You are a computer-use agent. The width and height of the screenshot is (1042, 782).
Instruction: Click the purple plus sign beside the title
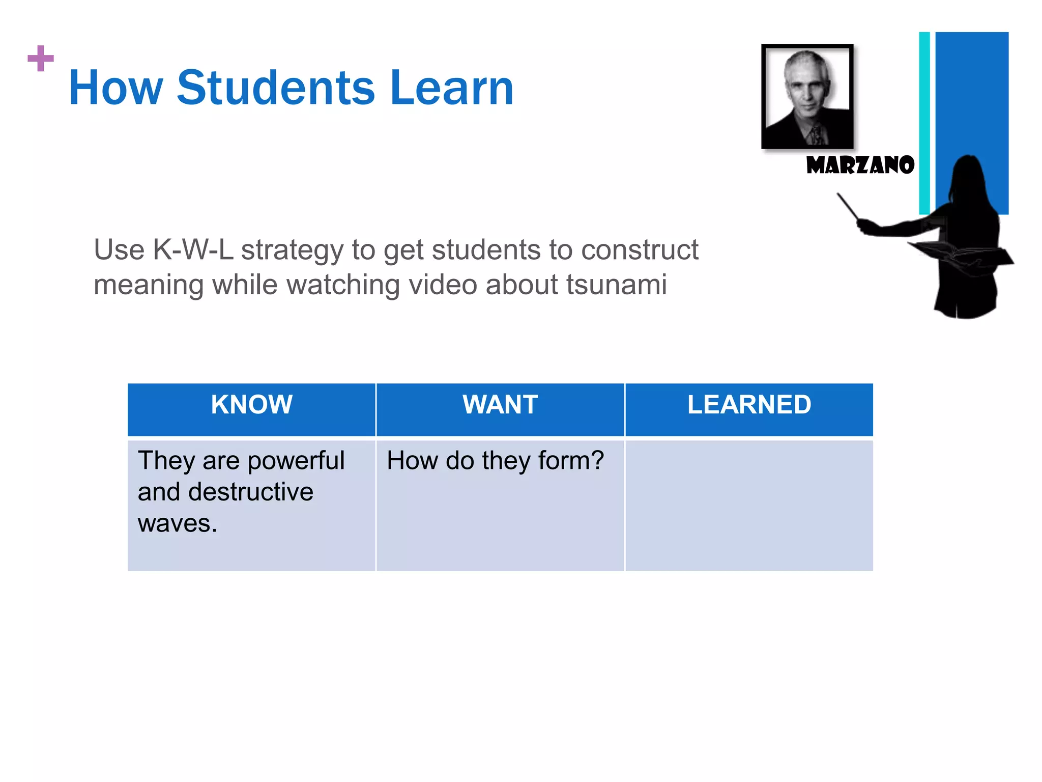click(41, 59)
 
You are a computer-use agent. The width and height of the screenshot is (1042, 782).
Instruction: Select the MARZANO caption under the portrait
click(860, 165)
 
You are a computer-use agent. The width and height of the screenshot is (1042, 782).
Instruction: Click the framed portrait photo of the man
click(807, 96)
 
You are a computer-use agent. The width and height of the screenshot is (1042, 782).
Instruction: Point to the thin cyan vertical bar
click(924, 122)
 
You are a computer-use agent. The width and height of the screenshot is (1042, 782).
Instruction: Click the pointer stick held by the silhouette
click(848, 206)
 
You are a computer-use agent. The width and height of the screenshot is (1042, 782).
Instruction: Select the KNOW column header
click(251, 405)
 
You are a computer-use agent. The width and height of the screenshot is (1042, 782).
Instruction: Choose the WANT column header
click(500, 405)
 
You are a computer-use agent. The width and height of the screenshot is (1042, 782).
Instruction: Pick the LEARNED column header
click(749, 405)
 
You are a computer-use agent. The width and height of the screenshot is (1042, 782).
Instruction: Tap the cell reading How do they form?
click(495, 461)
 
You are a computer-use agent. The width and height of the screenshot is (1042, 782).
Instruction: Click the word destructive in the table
click(250, 492)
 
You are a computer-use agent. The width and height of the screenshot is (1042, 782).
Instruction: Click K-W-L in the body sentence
click(193, 250)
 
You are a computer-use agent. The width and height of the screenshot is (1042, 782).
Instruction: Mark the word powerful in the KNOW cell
click(296, 461)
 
